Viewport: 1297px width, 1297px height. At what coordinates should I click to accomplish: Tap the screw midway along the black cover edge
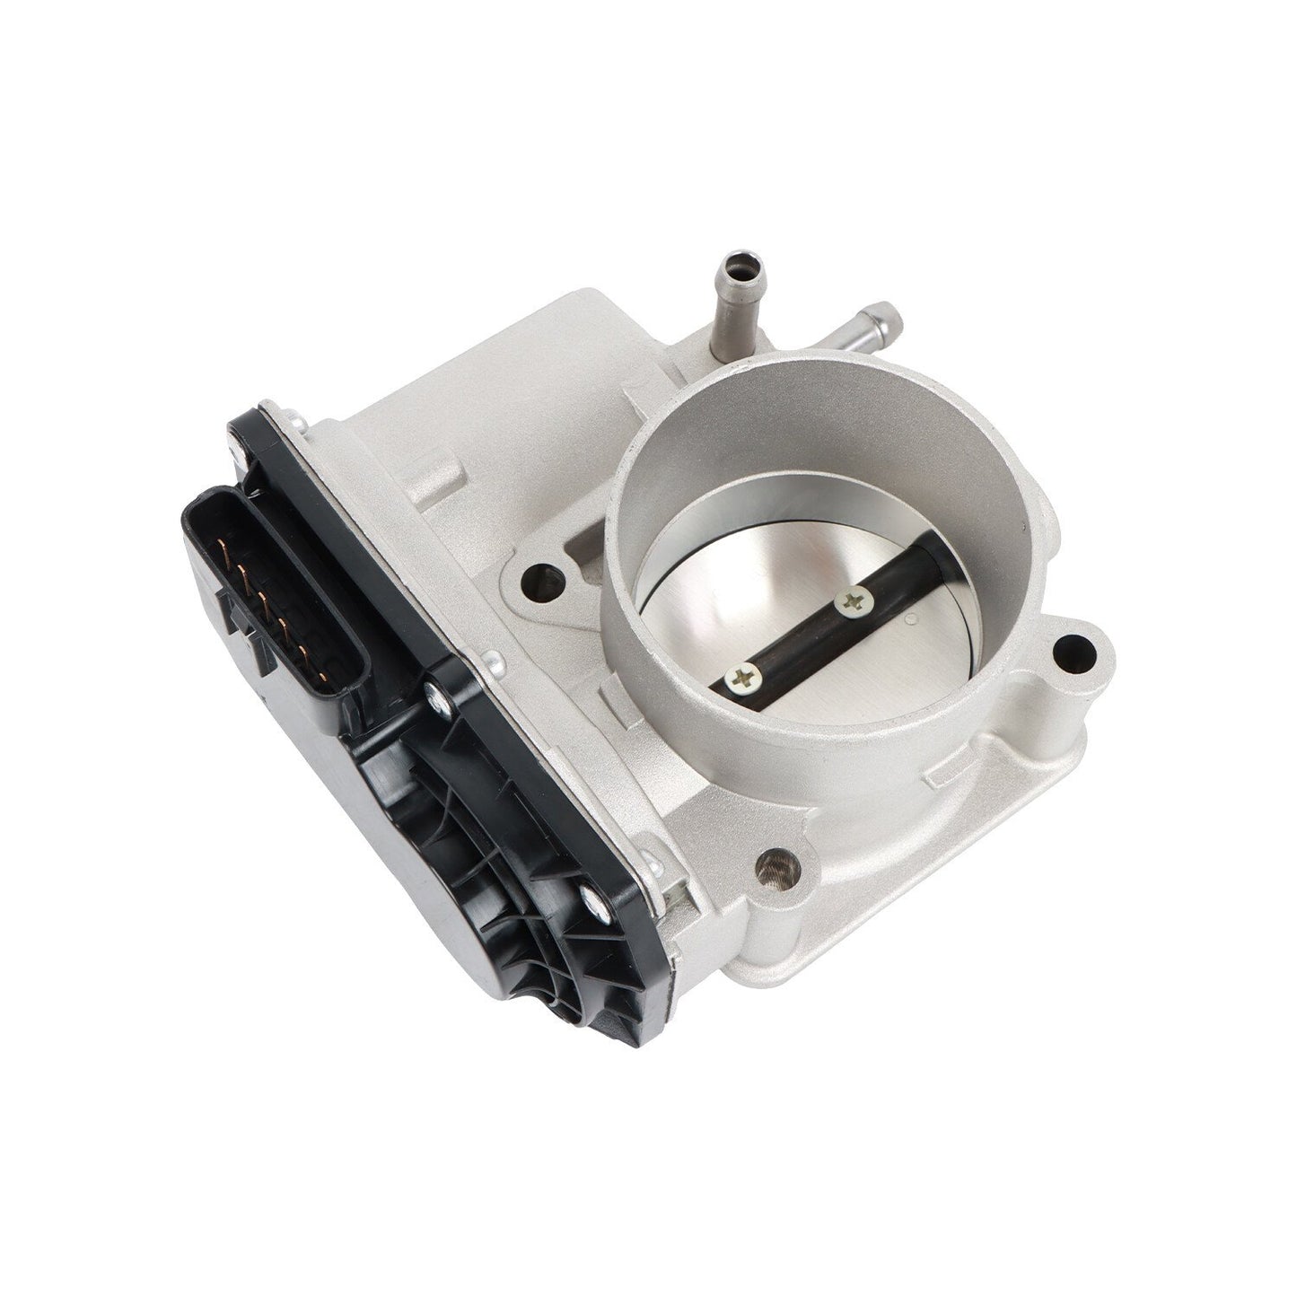(x=462, y=690)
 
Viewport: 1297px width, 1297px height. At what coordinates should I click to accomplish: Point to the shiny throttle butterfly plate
(x=808, y=700)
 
